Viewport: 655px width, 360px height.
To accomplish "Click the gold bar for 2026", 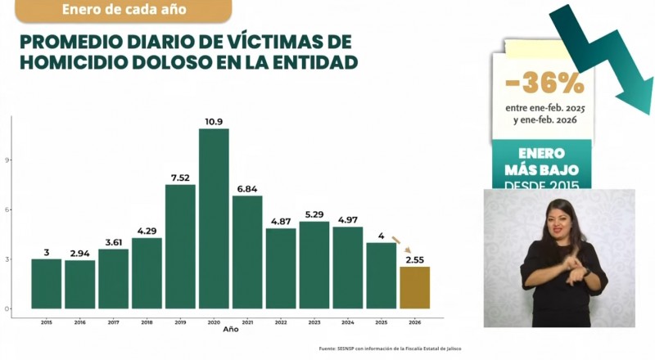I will (x=414, y=288).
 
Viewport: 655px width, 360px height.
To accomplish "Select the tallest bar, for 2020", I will (x=214, y=218).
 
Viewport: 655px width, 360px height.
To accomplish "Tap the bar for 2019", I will (x=180, y=246).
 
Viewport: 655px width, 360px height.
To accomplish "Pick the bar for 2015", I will (x=47, y=284).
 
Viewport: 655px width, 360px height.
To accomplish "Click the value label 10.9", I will (x=214, y=122).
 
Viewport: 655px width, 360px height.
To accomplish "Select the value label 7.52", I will (x=180, y=178).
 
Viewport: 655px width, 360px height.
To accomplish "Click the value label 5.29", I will (x=314, y=215).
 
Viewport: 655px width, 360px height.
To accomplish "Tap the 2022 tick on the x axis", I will (x=280, y=323).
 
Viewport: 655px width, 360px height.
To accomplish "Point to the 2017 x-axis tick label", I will (x=113, y=323).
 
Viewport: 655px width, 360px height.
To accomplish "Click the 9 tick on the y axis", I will (x=7, y=160).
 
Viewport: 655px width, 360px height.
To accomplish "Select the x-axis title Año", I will (x=231, y=331).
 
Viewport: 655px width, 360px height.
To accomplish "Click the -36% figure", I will (x=544, y=83).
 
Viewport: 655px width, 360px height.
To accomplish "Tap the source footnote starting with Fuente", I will (x=390, y=349).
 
